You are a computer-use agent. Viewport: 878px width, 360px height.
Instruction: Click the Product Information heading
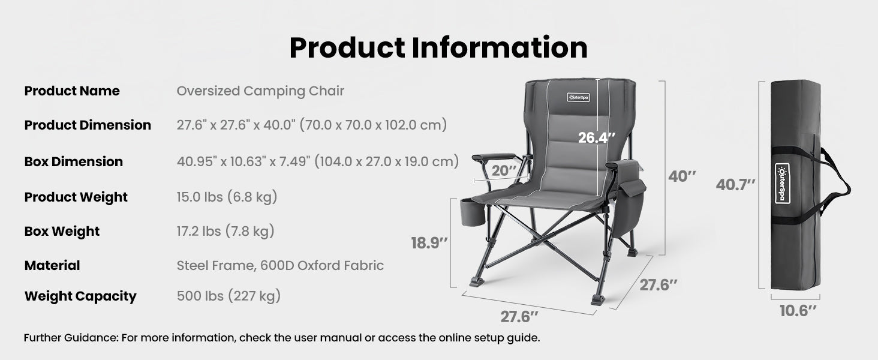point(438,48)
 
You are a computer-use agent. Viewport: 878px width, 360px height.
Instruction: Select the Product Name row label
point(72,91)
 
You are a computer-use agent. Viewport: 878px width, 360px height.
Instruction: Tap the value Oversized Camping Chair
point(260,91)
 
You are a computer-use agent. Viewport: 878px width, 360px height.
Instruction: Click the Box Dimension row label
point(73,161)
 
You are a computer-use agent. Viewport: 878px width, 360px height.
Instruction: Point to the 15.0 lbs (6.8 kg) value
point(227,197)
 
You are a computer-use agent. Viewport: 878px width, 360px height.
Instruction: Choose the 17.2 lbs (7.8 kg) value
point(225,231)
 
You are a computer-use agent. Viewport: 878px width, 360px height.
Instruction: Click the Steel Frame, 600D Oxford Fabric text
point(280,265)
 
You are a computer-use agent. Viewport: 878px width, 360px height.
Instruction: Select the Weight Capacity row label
point(80,296)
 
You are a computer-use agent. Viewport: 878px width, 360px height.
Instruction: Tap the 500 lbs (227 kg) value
point(228,296)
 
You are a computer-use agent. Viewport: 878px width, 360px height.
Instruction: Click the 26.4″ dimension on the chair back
point(597,137)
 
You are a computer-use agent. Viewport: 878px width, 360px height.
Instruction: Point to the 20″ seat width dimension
point(504,170)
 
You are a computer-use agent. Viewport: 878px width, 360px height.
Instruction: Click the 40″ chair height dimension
point(682,176)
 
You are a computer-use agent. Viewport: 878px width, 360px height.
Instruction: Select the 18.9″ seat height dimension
point(429,243)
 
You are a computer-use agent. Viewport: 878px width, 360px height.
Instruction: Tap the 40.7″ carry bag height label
point(735,185)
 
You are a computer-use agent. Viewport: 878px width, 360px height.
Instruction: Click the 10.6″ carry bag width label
point(798,310)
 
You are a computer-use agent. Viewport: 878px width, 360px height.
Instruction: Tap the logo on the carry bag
point(781,183)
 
